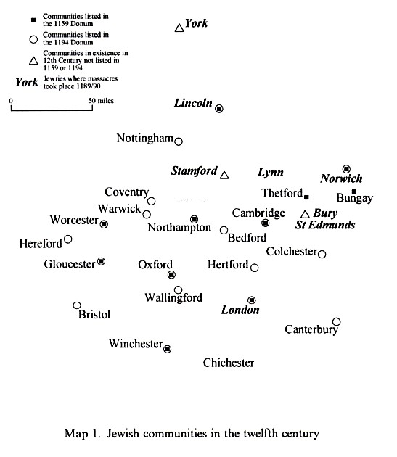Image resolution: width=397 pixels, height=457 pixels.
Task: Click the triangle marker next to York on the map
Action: click(x=179, y=28)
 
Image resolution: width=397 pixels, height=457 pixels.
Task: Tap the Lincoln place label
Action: click(x=193, y=103)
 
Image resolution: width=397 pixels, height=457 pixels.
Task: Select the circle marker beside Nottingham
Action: click(x=179, y=141)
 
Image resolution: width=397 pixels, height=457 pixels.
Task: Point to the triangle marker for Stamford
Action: click(x=224, y=175)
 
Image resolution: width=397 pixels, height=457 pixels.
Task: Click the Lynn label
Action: click(x=271, y=172)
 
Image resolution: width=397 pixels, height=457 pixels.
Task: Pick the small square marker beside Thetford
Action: click(x=306, y=197)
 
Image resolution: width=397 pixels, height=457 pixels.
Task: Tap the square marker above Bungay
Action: click(x=354, y=192)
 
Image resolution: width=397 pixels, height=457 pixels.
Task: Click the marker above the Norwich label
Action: click(x=346, y=169)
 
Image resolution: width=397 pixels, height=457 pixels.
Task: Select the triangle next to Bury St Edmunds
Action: click(x=305, y=214)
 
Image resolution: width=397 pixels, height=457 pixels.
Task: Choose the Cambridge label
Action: click(x=258, y=213)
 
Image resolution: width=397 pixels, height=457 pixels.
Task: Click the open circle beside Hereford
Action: click(x=68, y=239)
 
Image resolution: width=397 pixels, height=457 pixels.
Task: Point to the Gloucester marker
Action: click(x=101, y=261)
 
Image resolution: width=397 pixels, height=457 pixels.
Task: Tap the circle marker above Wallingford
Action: click(x=179, y=290)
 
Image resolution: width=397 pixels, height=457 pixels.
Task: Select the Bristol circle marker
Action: click(x=77, y=305)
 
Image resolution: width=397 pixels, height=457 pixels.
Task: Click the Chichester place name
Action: click(x=229, y=363)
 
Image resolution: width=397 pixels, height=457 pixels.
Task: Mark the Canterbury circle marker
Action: click(x=337, y=322)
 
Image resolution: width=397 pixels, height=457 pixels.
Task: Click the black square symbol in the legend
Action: click(x=33, y=20)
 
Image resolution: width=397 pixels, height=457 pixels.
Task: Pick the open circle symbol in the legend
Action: click(x=33, y=39)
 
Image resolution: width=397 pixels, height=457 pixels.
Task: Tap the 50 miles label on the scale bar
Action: click(x=101, y=101)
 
